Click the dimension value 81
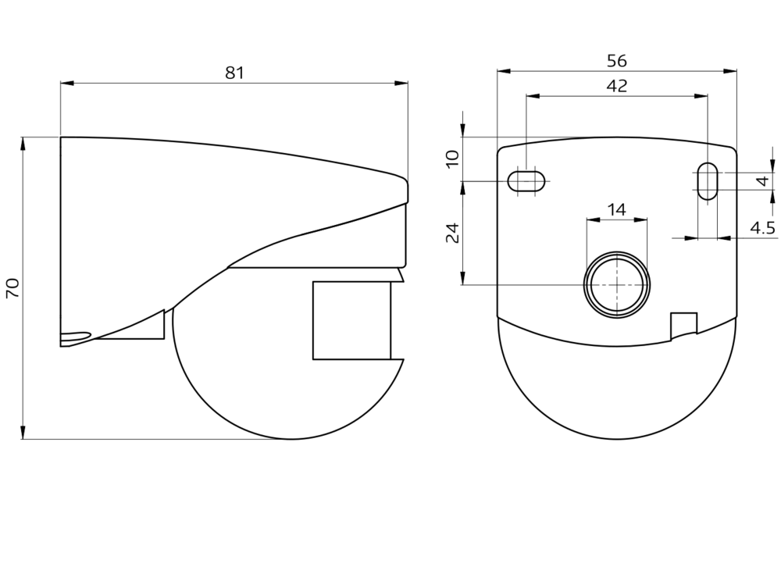(234, 73)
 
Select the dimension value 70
(12, 288)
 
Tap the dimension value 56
(617, 61)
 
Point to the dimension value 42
(617, 86)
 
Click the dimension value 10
(452, 159)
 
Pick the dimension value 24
(452, 233)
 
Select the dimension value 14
(617, 210)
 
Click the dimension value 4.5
(762, 228)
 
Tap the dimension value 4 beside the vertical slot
(763, 180)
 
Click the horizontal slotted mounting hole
(526, 181)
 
